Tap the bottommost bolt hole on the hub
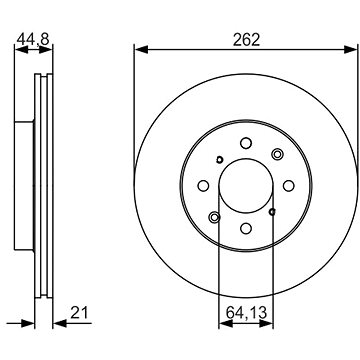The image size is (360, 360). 243,229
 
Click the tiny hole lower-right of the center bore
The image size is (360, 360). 271,211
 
